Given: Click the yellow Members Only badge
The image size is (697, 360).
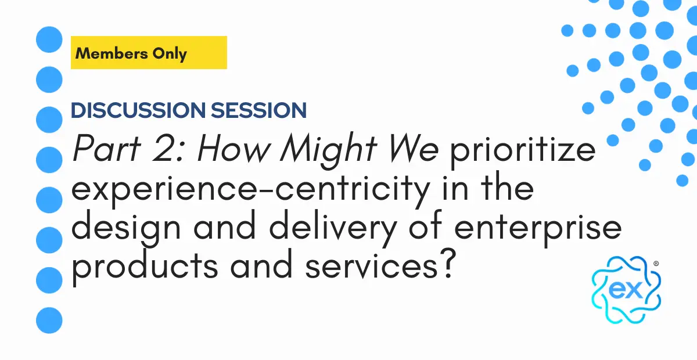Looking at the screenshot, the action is [149, 53].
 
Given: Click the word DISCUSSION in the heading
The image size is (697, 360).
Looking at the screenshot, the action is [138, 110].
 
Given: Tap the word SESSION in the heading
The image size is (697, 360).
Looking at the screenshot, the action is [259, 110].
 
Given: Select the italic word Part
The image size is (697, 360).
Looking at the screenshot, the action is [107, 148].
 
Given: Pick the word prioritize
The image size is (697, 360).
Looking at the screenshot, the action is [523, 151].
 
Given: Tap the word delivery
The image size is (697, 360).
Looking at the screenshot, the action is [333, 229].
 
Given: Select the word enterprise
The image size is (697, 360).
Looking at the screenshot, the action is [538, 229].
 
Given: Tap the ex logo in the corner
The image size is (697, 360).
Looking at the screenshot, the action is [626, 290].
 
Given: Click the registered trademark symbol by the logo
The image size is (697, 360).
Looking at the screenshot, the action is [656, 264].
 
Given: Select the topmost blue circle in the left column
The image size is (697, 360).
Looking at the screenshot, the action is [49, 39].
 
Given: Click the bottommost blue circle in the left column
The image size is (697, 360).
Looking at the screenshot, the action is [49, 320].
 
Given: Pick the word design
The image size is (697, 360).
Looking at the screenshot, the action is [127, 229].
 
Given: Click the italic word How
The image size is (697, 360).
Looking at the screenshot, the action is [233, 148].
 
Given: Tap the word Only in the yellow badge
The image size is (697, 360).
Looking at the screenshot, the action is [170, 54].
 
